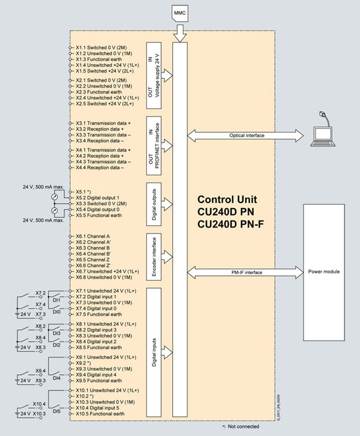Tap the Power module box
(x=324, y=272)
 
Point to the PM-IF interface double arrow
(x=244, y=272)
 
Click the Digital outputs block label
(x=154, y=200)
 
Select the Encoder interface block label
(x=154, y=255)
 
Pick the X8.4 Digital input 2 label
(x=96, y=341)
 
